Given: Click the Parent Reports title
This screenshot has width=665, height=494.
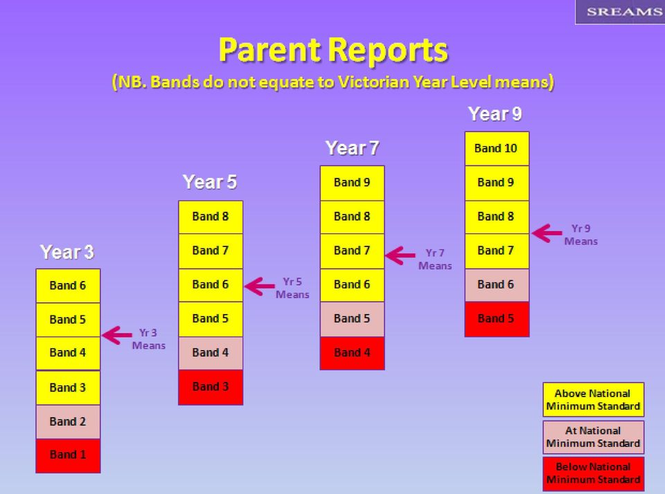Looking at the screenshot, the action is [333, 50].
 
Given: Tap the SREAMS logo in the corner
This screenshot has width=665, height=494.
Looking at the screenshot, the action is [620, 12].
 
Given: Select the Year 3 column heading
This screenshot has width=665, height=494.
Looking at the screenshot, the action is [67, 252].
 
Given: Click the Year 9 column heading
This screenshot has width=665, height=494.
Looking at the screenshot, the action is [495, 114].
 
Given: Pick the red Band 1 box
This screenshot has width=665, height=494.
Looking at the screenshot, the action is [68, 455].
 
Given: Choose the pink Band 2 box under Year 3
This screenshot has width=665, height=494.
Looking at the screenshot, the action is [68, 421].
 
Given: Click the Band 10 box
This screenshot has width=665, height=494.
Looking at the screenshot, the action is [497, 148].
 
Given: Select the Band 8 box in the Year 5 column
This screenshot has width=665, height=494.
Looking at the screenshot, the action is [211, 217].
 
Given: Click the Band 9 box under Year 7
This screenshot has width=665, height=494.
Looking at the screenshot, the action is [352, 183].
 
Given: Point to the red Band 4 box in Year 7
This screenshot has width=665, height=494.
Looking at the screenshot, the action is [352, 353].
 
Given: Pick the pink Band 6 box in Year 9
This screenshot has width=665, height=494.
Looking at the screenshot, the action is [497, 285].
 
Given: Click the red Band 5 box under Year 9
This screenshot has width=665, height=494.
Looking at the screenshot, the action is [497, 319].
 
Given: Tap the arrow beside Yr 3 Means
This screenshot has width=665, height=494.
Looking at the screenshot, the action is [117, 336].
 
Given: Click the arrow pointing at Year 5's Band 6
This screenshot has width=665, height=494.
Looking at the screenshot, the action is [260, 286].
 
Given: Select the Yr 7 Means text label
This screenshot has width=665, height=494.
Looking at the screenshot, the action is [435, 259].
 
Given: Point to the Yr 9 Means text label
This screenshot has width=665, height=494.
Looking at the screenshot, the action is [581, 235].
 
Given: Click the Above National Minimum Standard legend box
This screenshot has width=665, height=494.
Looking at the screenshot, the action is [594, 399].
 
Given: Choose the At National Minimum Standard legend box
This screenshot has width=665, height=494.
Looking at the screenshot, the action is [594, 437].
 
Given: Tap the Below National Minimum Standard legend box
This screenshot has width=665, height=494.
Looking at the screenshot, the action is [594, 474].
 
